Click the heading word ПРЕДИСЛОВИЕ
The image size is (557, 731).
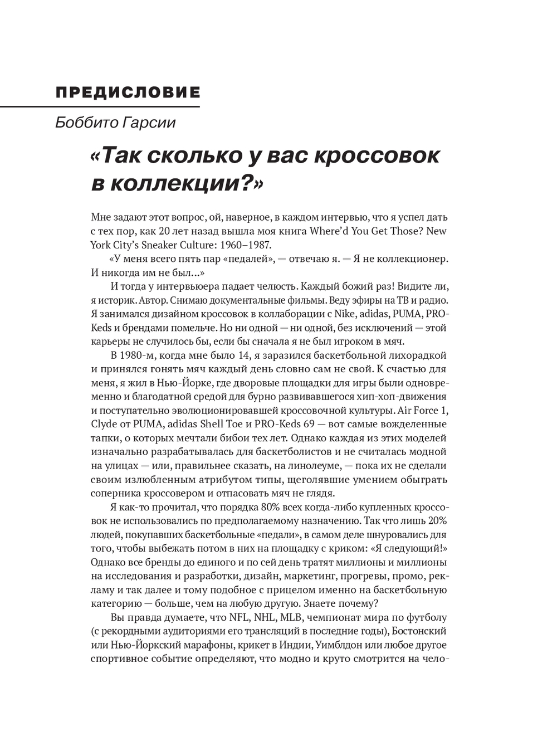click(128, 92)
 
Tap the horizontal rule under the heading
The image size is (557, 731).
click(100, 106)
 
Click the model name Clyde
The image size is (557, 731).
click(104, 424)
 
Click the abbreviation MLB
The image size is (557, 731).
click(292, 618)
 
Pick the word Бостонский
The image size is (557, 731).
click(417, 632)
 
